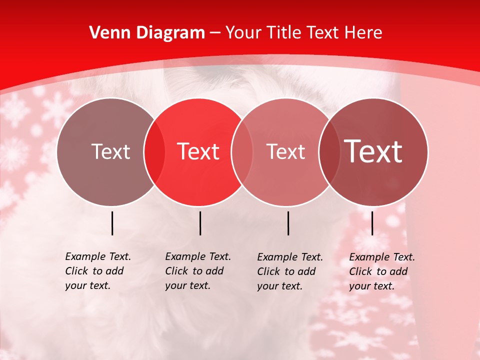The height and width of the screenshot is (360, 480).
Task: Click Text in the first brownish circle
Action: point(110,151)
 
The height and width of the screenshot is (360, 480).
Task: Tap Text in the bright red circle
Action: point(198,151)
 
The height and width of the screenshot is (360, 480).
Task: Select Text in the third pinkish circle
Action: point(286,151)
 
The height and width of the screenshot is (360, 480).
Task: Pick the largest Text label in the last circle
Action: point(373,151)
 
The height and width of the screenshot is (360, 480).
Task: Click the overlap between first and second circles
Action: point(154,151)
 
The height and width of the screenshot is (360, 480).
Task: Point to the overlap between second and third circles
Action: point(242,151)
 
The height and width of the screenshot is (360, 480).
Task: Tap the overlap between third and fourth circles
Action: point(329,151)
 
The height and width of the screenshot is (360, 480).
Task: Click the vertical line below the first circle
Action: point(112,223)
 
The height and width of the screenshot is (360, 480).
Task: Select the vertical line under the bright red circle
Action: point(200,223)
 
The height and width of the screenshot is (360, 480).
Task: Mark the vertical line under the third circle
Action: point(288,223)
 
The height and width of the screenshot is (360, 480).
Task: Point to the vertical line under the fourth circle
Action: point(372,223)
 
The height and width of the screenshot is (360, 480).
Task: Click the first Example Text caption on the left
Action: point(98,271)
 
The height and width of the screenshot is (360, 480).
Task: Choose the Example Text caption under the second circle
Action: point(198,271)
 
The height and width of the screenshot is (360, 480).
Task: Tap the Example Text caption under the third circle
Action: point(290,271)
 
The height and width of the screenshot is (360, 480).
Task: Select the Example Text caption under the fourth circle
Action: point(382,271)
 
